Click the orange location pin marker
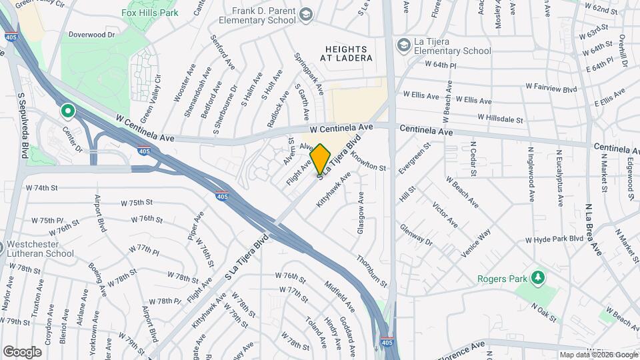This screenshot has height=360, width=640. tap(321, 159)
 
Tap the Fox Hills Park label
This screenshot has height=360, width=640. tap(150, 13)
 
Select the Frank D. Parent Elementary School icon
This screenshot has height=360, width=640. tap(305, 15)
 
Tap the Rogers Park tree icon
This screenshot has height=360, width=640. tap(538, 278)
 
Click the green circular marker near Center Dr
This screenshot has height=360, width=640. tap(67, 111)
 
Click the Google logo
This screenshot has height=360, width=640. tap(22, 351)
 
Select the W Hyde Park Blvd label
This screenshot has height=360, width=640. tap(555, 239)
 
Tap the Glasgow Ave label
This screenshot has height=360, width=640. tap(361, 212)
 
